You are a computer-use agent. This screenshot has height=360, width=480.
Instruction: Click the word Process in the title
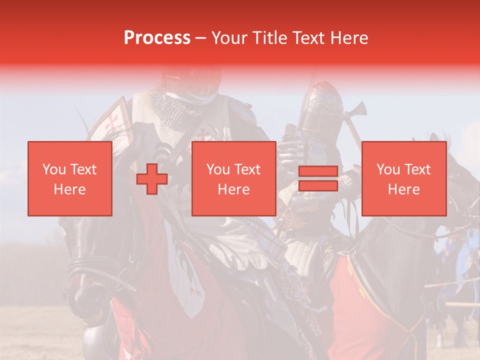[157, 38]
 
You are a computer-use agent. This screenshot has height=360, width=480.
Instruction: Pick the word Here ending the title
[350, 38]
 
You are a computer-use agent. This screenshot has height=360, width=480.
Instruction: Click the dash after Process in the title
[200, 38]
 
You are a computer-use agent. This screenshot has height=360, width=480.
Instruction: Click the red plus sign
[152, 178]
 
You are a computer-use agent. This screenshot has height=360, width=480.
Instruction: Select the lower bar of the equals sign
[318, 185]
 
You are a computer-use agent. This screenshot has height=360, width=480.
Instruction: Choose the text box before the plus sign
[69, 178]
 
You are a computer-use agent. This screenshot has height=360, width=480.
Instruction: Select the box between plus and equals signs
[233, 178]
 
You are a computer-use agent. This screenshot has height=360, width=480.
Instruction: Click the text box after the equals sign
[403, 178]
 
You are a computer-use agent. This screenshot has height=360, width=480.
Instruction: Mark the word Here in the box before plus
[69, 189]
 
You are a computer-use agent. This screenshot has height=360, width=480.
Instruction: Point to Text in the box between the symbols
[248, 169]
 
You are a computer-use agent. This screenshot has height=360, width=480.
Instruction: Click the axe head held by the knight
[358, 110]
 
